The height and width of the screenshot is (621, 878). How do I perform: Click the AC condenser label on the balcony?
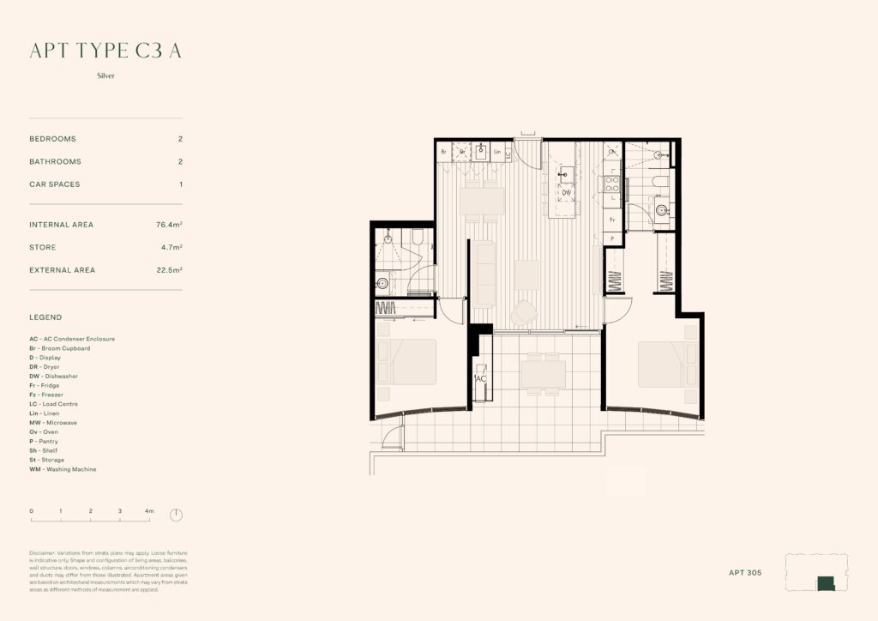tap(481, 378)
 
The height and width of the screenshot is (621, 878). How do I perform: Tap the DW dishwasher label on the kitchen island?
tap(566, 193)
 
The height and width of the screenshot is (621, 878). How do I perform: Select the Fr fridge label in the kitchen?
tap(612, 220)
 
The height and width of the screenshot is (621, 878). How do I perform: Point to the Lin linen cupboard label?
tap(497, 152)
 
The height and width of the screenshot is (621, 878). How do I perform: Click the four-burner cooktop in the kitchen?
tap(613, 184)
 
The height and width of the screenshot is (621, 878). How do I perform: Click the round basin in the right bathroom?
tap(661, 208)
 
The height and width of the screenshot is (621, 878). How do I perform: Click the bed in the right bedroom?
tap(668, 364)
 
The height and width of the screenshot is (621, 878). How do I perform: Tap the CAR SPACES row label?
tap(55, 184)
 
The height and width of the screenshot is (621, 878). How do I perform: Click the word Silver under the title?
tap(106, 75)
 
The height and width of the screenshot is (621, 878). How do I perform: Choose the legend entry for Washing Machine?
tap(63, 469)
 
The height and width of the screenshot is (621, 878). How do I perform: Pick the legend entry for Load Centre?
tap(57, 404)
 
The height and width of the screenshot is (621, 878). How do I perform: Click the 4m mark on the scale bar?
tap(148, 511)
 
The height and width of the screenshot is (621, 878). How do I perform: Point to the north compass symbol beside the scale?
tap(176, 515)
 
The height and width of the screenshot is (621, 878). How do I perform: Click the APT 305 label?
tap(744, 572)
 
